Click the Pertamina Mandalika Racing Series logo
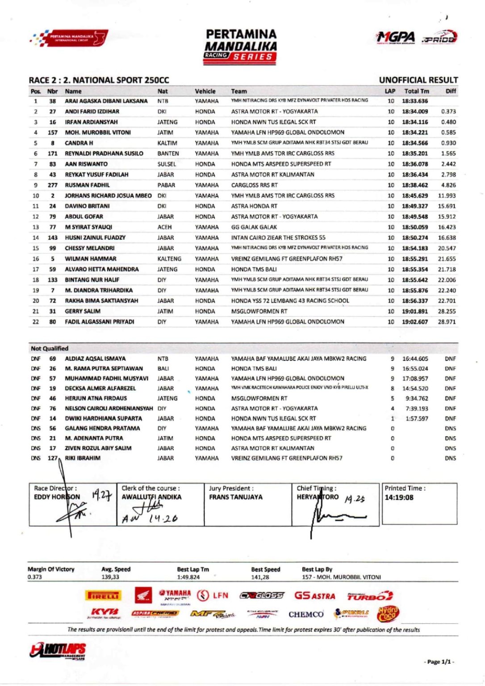[x=241, y=46]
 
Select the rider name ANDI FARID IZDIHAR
[x=92, y=112]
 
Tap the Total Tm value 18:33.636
[x=414, y=101]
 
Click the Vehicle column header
[x=205, y=91]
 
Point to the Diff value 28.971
[x=447, y=322]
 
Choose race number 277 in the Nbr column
[x=52, y=185]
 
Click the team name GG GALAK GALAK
[x=254, y=227]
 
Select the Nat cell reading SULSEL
[x=167, y=164]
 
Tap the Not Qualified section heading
[x=50, y=348]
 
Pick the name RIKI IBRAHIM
[x=83, y=458]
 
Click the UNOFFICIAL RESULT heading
[x=418, y=80]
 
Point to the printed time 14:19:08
[x=399, y=498]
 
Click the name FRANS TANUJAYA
[x=236, y=497]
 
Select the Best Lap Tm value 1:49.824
[x=188, y=577]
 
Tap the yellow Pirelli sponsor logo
[x=103, y=596]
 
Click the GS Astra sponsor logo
[x=314, y=596]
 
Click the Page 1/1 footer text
[x=439, y=662]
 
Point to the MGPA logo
[x=395, y=38]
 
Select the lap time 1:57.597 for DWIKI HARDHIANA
[x=416, y=419]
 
